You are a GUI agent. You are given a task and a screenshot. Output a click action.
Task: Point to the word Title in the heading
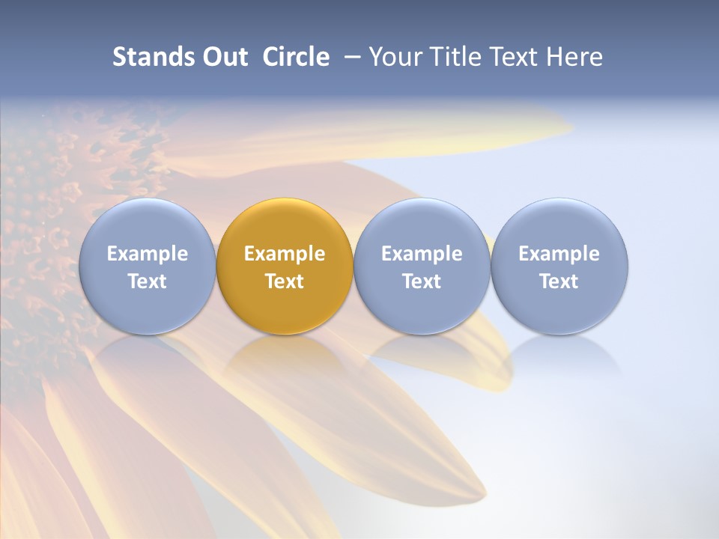point(456,57)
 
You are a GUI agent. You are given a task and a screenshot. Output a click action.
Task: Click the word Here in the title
point(573,57)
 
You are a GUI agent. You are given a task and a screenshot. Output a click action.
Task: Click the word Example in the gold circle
point(285,254)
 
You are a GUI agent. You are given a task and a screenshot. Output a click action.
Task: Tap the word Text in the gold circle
point(285,281)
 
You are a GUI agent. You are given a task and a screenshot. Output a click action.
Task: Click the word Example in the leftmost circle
point(148,254)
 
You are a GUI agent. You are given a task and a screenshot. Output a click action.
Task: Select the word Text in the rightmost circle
point(559,281)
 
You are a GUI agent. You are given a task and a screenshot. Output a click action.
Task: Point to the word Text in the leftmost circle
point(148,281)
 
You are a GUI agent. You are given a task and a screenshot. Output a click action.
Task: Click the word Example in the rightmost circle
point(559,254)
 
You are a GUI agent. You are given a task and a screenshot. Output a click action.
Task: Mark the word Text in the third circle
point(422,281)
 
